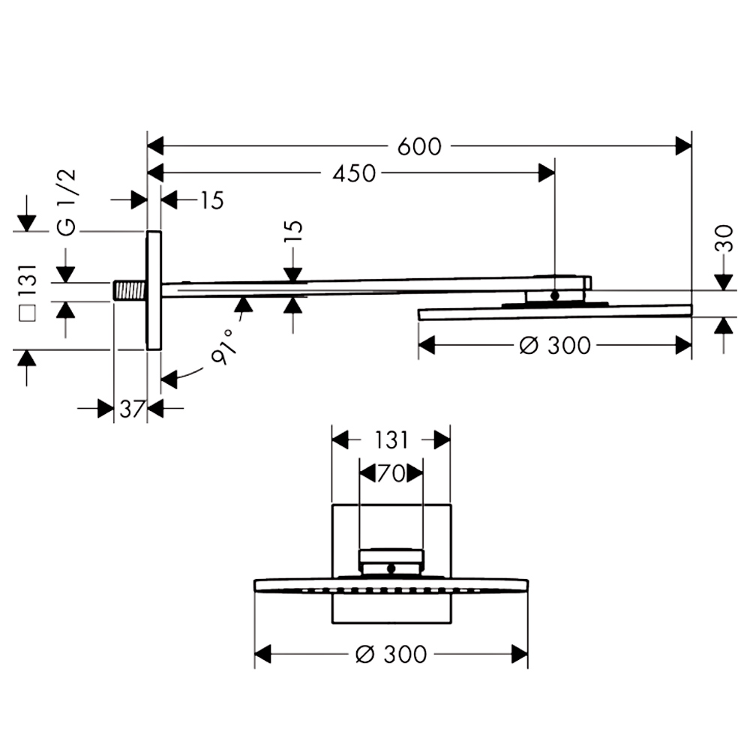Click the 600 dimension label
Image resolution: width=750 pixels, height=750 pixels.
(x=419, y=146)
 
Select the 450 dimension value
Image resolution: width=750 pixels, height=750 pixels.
(x=354, y=174)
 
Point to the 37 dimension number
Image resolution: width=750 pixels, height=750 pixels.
(x=131, y=409)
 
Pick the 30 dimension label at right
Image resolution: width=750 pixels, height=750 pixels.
(x=724, y=238)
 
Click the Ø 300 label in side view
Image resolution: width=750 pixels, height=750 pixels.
(x=555, y=345)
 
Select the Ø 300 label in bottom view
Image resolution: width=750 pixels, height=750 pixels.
(x=391, y=654)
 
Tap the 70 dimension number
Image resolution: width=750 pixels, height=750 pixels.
(x=391, y=473)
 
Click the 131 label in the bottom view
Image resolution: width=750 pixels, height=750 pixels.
(x=391, y=440)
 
